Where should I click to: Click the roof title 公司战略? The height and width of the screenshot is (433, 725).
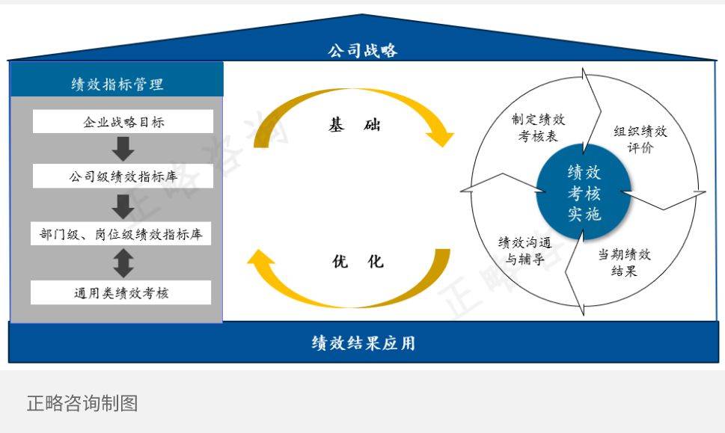pyautogui.click(x=362, y=50)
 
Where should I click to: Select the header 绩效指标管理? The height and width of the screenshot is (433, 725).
pyautogui.click(x=117, y=84)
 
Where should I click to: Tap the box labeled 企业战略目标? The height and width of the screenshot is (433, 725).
pyautogui.click(x=123, y=122)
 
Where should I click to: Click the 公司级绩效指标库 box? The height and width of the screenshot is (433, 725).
pyautogui.click(x=123, y=176)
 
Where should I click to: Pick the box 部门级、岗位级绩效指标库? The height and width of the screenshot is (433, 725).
pyautogui.click(x=121, y=234)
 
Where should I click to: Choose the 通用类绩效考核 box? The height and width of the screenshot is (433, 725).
pyautogui.click(x=121, y=292)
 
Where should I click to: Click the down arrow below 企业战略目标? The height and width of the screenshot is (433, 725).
pyautogui.click(x=123, y=149)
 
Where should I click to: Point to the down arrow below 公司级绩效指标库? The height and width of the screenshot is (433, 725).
pyautogui.click(x=123, y=206)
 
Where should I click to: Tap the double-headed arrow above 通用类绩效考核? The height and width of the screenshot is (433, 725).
pyautogui.click(x=123, y=263)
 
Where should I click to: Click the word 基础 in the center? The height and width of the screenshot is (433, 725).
pyautogui.click(x=355, y=124)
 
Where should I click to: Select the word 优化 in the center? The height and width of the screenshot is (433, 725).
pyautogui.click(x=358, y=261)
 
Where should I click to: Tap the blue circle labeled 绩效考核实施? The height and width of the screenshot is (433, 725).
pyautogui.click(x=584, y=192)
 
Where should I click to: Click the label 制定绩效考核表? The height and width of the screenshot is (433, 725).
pyautogui.click(x=538, y=128)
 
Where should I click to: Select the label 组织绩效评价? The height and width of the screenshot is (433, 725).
pyautogui.click(x=640, y=139)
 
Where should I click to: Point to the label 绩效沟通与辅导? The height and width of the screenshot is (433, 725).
pyautogui.click(x=524, y=251)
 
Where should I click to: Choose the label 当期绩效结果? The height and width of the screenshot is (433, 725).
pyautogui.click(x=624, y=262)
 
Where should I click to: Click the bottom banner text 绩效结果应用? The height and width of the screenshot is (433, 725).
pyautogui.click(x=364, y=343)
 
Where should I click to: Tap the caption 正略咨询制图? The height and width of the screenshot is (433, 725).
pyautogui.click(x=82, y=403)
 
